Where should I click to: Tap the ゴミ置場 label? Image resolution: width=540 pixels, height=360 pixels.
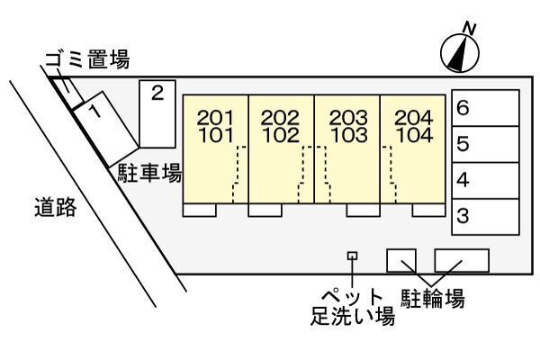click(x=86, y=61)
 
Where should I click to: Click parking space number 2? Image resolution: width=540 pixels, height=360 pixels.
click(x=157, y=112)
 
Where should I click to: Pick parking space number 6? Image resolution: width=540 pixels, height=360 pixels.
click(x=484, y=109)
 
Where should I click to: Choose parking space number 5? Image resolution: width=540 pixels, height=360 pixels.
click(x=484, y=144)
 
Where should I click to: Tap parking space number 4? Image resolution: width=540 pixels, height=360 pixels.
click(x=484, y=180)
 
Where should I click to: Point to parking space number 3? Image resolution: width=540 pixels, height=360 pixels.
click(x=484, y=216)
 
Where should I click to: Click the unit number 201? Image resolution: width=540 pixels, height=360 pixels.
click(x=215, y=118)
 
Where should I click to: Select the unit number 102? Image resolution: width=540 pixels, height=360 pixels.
click(x=280, y=137)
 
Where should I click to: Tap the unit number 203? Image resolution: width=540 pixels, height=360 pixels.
click(x=347, y=118)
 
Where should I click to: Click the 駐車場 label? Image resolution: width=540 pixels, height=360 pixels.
click(x=149, y=174)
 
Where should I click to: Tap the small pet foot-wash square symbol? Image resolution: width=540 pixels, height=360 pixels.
click(x=352, y=256)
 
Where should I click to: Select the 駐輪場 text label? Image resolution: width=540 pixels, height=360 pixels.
click(x=433, y=298)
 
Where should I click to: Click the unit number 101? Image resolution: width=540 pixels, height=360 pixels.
click(x=215, y=137)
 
